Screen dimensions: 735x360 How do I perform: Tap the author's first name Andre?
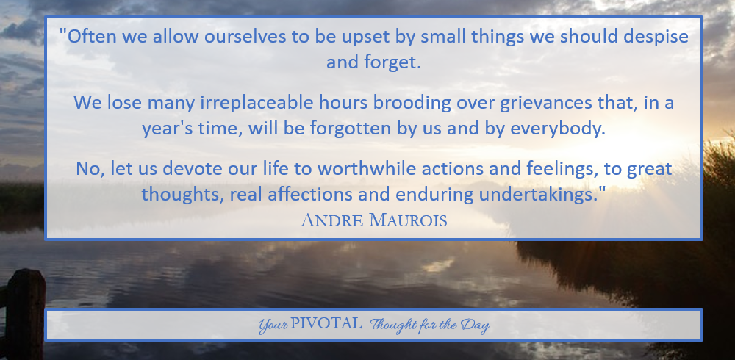[x=332, y=220]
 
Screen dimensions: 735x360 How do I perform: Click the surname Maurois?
[x=408, y=220]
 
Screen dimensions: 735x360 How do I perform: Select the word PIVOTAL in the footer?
[x=326, y=323]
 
